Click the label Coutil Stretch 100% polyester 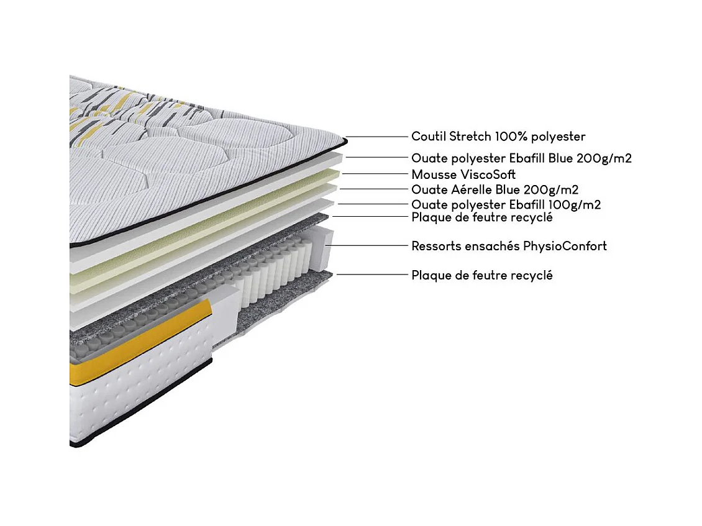coord(498,137)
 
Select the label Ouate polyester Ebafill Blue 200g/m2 coord(521,158)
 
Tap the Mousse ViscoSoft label coord(463,175)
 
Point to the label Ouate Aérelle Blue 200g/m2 coord(495,189)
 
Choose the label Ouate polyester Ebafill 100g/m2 coord(506,204)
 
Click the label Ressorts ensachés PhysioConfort coord(509,246)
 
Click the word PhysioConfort coord(565,246)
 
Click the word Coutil coord(429,137)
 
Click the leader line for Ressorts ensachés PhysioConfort coord(367,246)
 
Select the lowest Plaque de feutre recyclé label coord(482,275)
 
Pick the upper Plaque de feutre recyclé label coord(482,217)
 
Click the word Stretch coord(471,137)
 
